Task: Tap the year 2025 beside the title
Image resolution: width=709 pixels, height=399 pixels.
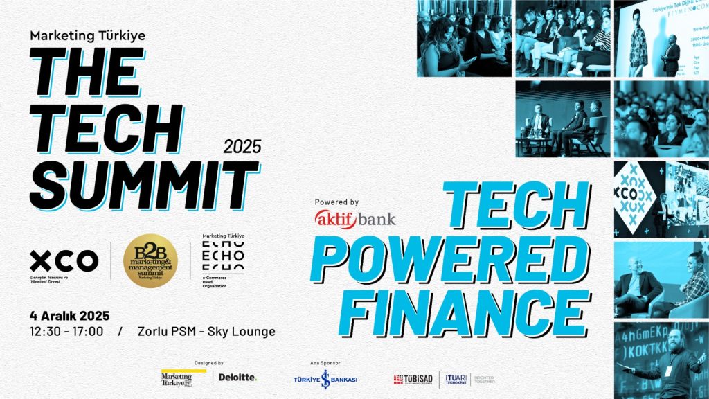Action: tap(242, 146)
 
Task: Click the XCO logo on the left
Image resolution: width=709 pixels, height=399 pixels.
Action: tap(64, 261)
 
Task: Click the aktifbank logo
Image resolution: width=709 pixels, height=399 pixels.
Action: tap(355, 219)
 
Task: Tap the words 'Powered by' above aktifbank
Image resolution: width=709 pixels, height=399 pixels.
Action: tap(336, 202)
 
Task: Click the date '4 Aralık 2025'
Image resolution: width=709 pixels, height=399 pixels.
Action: tap(70, 316)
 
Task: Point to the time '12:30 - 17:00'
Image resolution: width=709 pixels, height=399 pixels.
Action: tap(67, 331)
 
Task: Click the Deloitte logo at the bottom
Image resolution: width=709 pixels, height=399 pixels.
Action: tap(237, 378)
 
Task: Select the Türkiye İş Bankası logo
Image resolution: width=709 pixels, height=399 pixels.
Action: tap(325, 379)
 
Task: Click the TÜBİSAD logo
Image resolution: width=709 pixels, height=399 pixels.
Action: tap(413, 379)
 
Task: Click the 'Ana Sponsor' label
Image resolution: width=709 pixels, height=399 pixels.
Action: tap(325, 362)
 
